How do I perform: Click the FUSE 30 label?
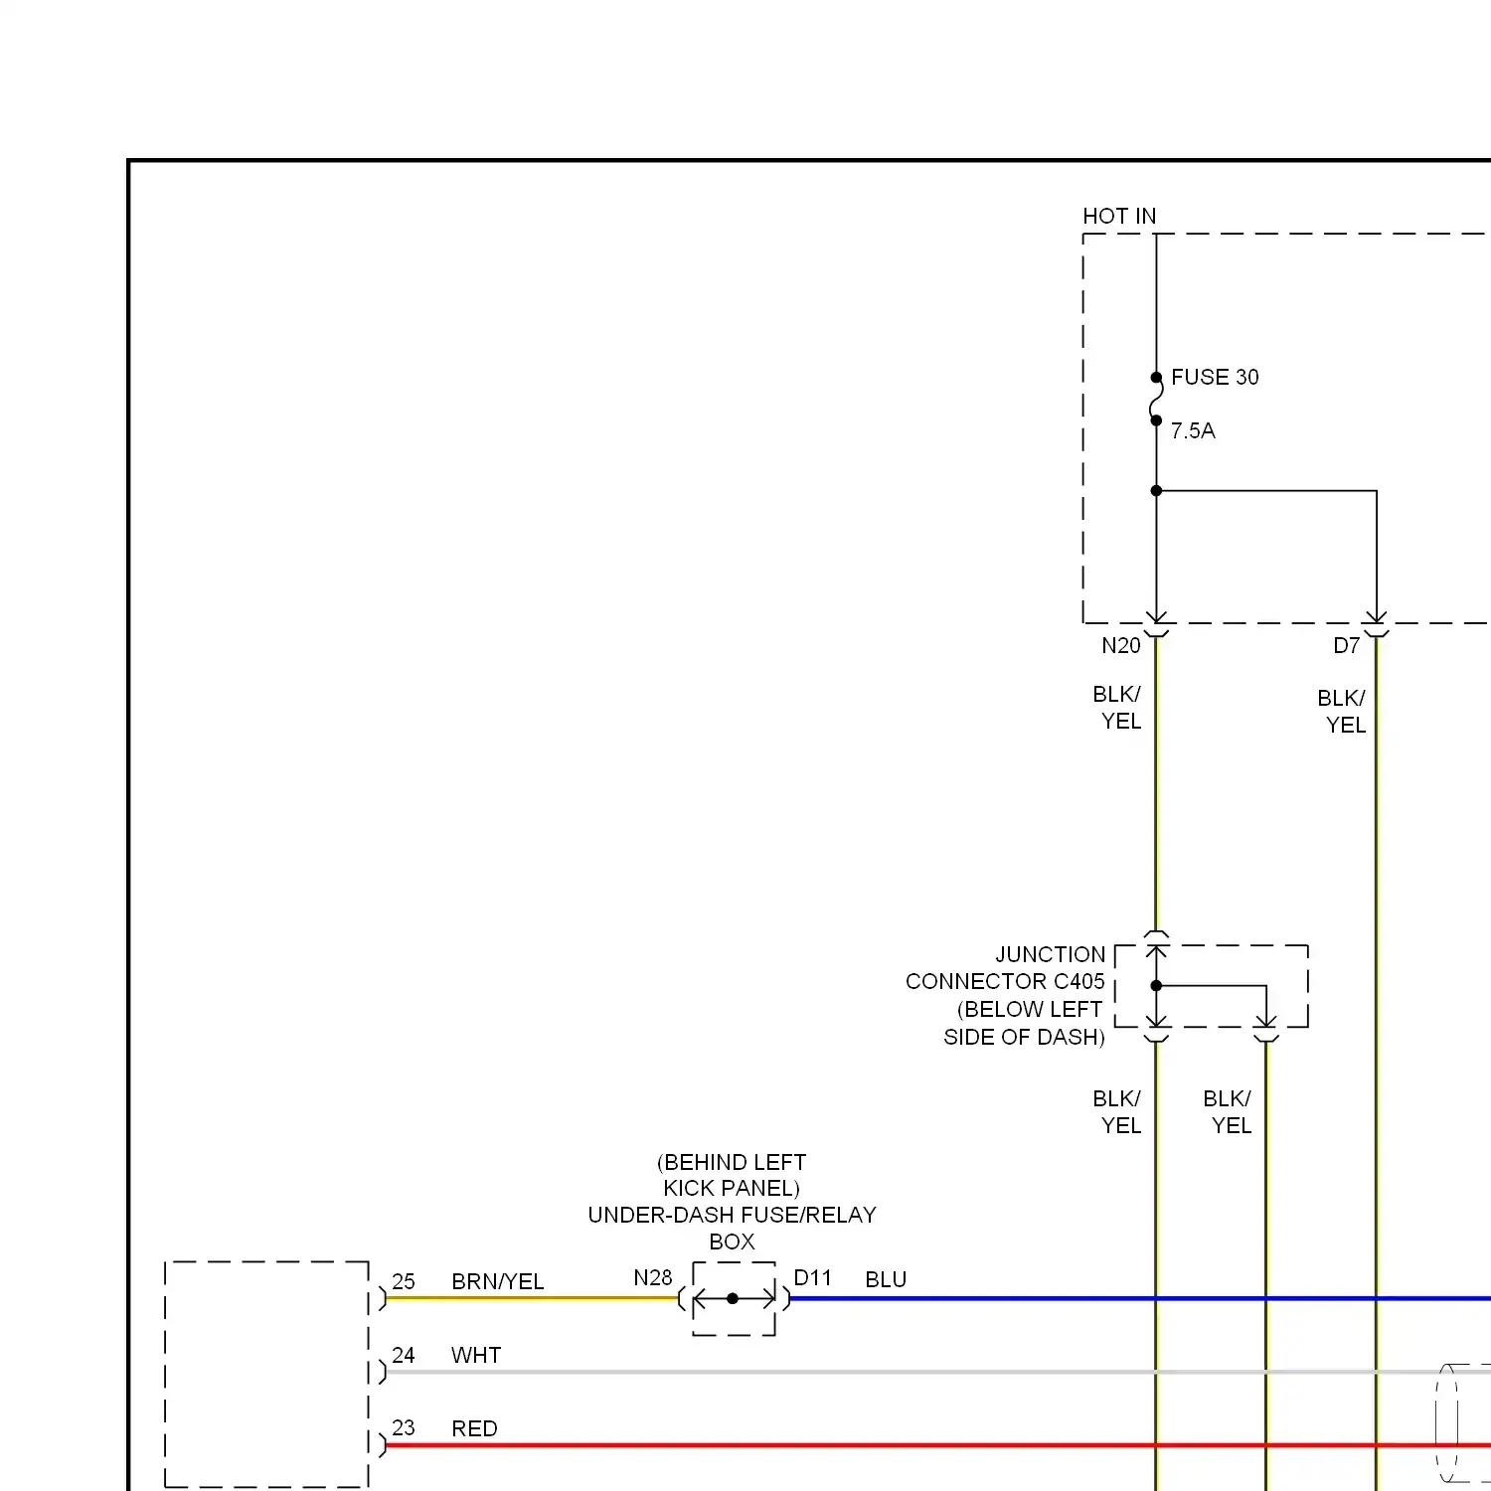click(1214, 378)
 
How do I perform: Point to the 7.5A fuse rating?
click(1193, 431)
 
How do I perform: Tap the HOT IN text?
click(1119, 217)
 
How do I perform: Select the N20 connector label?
click(1120, 646)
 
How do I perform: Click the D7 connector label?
click(1346, 646)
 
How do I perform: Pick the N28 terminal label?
click(653, 1278)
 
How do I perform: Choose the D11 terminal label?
click(812, 1278)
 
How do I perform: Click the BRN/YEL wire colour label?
click(497, 1282)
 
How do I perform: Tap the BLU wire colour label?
click(886, 1280)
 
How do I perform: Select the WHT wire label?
click(476, 1356)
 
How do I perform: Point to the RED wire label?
click(474, 1429)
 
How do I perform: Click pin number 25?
click(404, 1282)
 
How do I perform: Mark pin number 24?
click(404, 1356)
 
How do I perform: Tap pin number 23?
click(404, 1428)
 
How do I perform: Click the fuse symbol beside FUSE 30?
click(1156, 400)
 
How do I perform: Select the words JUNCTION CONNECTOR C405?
click(1005, 968)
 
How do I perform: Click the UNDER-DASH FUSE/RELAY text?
click(732, 1216)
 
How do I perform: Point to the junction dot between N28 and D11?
click(733, 1299)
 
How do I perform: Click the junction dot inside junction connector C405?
click(1156, 986)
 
